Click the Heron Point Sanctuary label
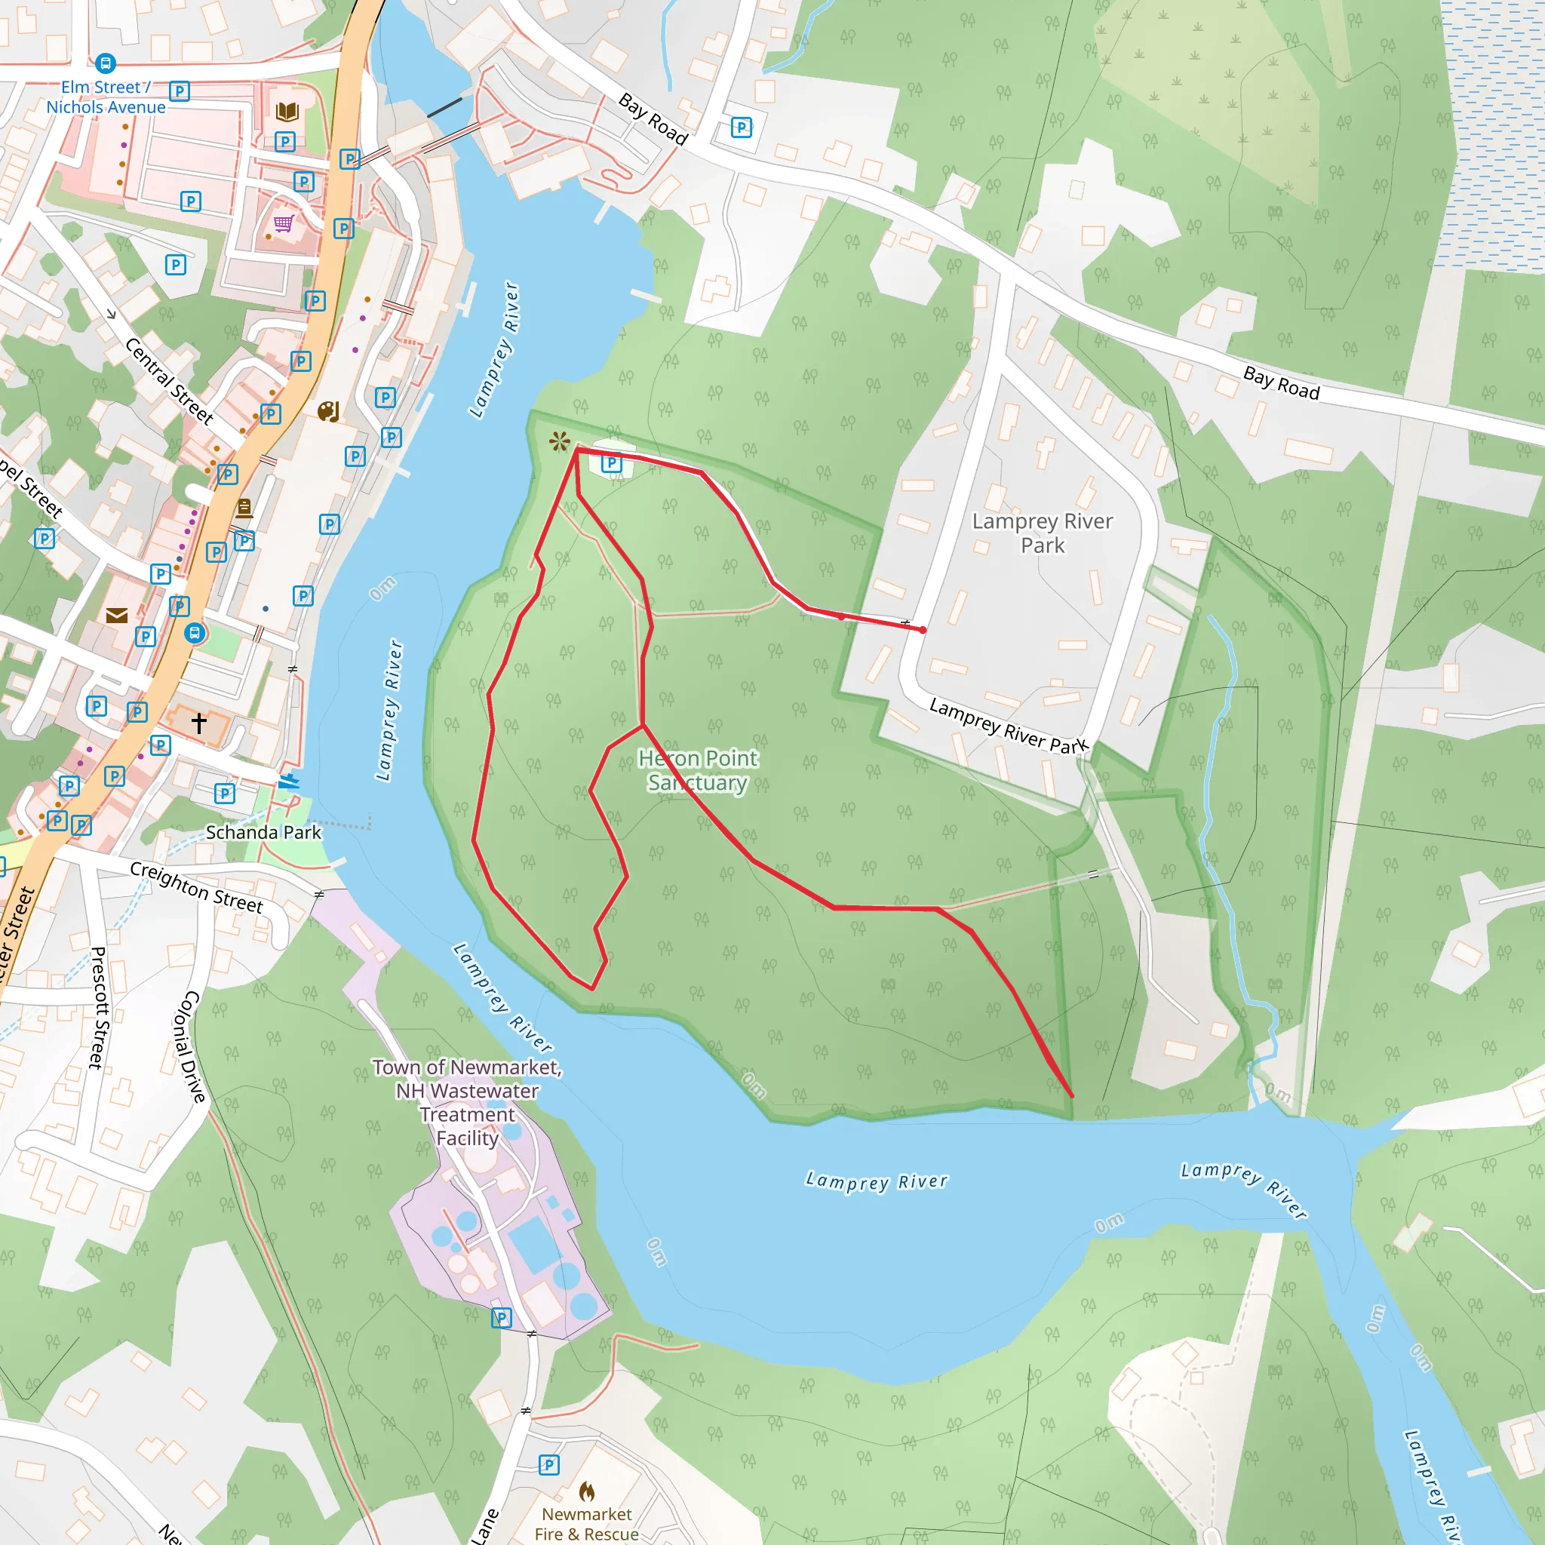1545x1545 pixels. coord(698,770)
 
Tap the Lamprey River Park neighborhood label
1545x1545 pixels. coord(1042,533)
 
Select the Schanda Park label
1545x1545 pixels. coord(263,833)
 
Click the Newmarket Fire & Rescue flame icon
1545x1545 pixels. coord(587,1491)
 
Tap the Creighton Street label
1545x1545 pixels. coord(197,886)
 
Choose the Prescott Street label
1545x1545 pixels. coord(97,1008)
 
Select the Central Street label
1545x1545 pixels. coord(170,381)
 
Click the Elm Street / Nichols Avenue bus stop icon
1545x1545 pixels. coord(106,63)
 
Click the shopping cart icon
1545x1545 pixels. coord(284,223)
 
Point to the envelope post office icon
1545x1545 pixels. coord(117,615)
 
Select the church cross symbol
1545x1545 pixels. coord(199,723)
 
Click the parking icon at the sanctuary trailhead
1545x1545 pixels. coord(612,462)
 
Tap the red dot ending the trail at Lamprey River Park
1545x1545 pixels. coord(923,630)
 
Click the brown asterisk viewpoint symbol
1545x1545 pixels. coord(560,441)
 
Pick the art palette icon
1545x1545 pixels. coord(329,412)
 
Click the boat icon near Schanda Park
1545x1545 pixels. coord(289,781)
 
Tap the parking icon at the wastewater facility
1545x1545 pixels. coord(502,1318)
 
